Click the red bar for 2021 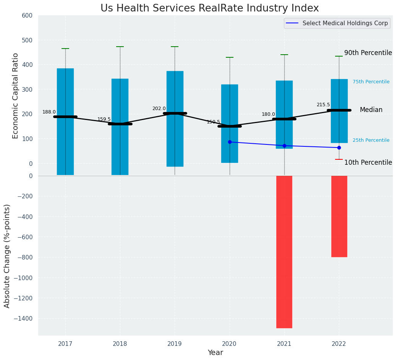point(284,251)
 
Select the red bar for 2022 point(339,216)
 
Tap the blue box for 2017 point(65,122)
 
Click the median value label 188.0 point(49,112)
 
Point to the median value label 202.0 point(159,109)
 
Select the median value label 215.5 point(323,105)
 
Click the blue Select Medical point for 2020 point(230,142)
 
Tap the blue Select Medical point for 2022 point(339,148)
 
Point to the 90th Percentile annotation point(368,53)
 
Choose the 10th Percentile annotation point(368,162)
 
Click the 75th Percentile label point(371,82)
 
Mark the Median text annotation point(371,110)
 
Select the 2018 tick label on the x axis point(120,344)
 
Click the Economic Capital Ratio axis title point(16,96)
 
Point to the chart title point(209,8)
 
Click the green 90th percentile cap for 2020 point(230,57)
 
